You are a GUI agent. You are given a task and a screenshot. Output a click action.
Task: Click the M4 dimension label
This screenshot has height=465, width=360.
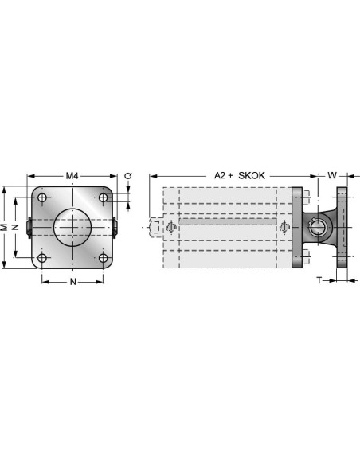tap(72, 176)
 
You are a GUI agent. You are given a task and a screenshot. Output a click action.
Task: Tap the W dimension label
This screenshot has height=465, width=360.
tap(332, 175)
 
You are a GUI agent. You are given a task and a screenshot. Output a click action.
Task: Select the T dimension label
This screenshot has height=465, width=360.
tap(319, 280)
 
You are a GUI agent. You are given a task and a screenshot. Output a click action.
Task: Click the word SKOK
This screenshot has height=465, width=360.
tap(252, 175)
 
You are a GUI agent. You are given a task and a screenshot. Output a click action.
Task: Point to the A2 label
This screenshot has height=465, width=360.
tap(220, 175)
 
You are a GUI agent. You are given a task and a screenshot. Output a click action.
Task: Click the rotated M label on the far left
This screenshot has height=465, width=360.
tap(4, 227)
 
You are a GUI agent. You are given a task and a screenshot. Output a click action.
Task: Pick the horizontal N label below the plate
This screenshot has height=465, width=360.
tap(73, 282)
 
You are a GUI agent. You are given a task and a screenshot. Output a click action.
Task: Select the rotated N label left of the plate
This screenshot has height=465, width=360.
tap(15, 227)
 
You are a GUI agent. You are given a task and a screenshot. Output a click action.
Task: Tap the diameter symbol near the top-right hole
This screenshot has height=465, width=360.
tap(128, 176)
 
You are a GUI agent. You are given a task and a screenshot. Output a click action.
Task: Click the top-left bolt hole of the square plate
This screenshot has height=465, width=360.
tap(42, 197)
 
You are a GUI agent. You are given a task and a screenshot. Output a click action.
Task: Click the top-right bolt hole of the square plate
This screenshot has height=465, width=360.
tap(104, 197)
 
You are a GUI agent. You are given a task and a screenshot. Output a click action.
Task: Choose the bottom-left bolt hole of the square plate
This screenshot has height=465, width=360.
tap(42, 258)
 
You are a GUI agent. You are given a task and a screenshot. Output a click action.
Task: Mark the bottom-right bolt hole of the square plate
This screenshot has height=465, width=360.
tap(104, 258)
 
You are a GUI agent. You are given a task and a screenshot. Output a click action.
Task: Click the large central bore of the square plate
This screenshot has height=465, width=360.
tap(72, 228)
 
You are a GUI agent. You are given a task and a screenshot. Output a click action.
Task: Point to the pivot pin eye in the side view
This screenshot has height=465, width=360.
tap(318, 228)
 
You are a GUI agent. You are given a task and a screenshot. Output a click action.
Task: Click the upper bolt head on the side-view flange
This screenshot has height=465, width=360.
tap(306, 197)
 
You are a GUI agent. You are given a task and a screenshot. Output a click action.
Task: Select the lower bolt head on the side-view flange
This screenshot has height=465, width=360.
tap(306, 257)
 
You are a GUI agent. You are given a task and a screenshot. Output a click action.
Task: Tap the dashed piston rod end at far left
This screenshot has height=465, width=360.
tap(156, 228)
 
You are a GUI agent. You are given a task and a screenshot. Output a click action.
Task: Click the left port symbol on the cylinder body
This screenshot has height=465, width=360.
tap(170, 227)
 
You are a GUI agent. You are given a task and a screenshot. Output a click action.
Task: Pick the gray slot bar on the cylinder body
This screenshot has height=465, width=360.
tap(228, 221)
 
